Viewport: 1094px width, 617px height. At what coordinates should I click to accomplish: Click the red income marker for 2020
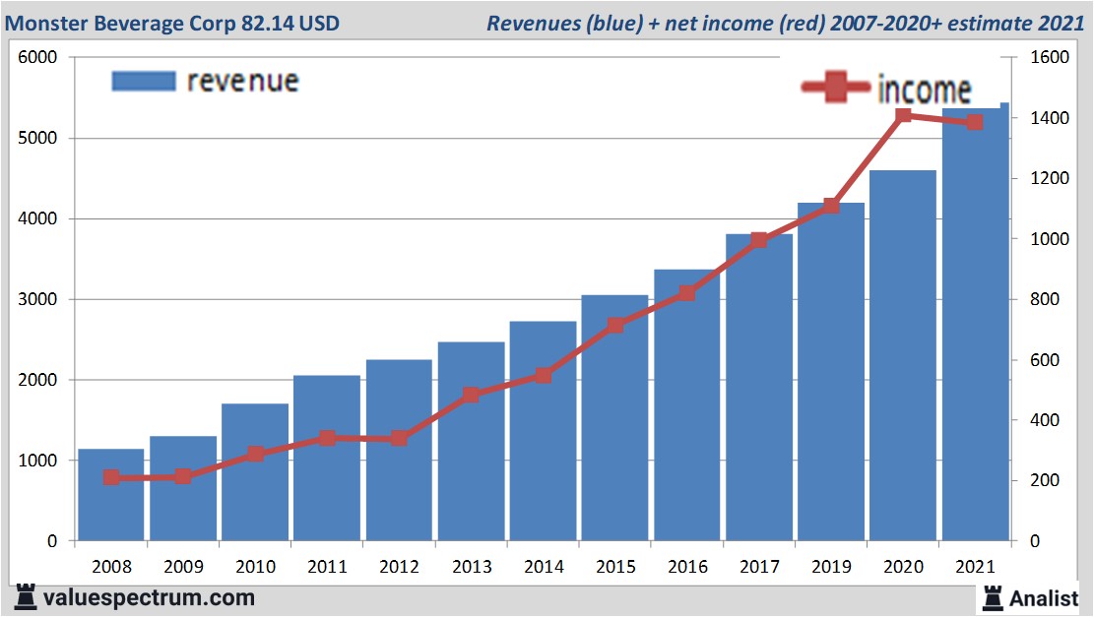903,116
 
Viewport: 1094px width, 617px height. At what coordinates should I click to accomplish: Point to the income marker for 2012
399,438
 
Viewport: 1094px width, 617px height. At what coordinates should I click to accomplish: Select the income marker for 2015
614,326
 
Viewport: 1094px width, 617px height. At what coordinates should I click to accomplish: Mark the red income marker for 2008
111,477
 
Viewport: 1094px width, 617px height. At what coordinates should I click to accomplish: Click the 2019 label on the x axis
830,566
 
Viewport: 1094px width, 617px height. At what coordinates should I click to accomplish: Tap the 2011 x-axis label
327,566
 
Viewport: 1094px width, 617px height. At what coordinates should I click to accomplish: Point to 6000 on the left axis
38,58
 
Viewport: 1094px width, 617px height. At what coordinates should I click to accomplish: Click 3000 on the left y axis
38,299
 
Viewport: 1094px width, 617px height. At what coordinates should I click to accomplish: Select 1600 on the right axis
1048,58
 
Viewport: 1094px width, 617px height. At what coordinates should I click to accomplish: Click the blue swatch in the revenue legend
143,81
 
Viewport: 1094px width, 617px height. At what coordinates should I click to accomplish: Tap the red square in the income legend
836,88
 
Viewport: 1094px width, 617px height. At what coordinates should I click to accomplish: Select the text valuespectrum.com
149,597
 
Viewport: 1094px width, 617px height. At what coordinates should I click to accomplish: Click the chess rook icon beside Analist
993,597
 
